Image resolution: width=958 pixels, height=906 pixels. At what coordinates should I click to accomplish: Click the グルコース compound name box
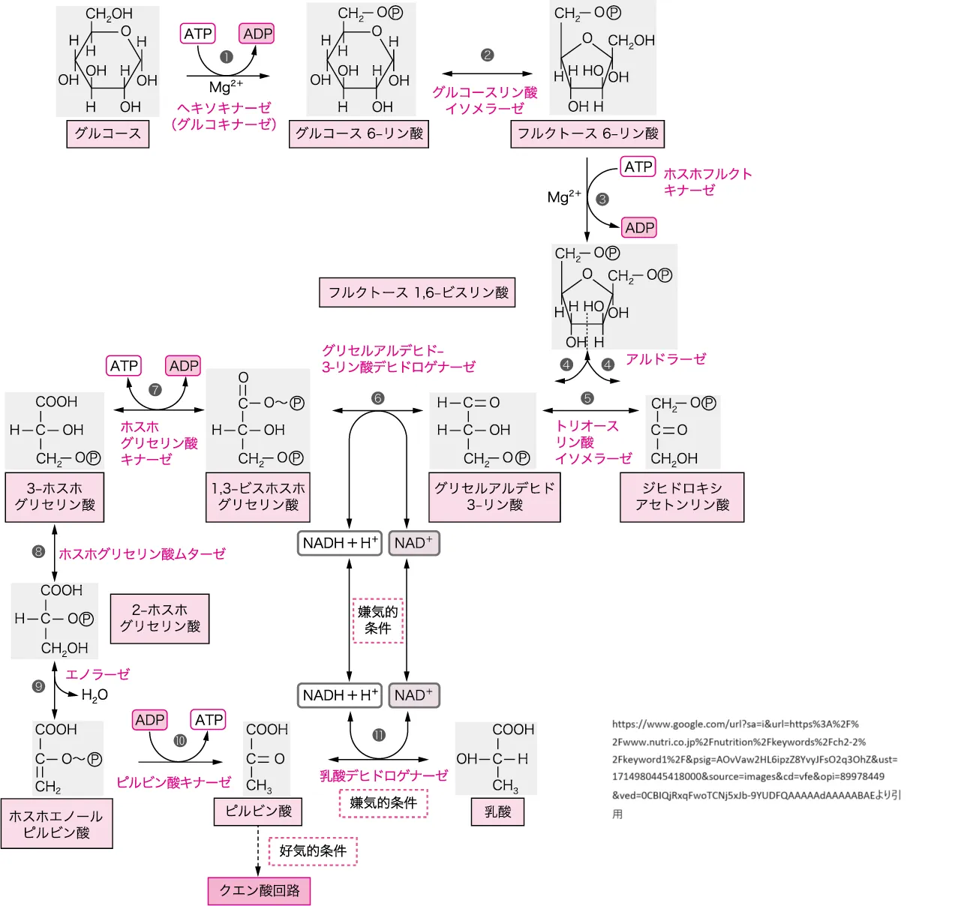pyautogui.click(x=108, y=133)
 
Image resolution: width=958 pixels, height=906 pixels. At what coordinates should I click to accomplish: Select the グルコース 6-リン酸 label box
pyautogui.click(x=359, y=133)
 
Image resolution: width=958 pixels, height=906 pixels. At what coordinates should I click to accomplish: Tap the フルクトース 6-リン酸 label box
pyautogui.click(x=587, y=133)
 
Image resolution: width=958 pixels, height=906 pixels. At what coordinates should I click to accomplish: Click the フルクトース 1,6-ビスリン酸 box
pyautogui.click(x=418, y=292)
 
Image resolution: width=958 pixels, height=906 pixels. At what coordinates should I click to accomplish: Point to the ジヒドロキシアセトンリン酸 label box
pyautogui.click(x=682, y=496)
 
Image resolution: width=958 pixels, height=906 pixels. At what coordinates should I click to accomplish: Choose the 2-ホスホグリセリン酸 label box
pyautogui.click(x=160, y=619)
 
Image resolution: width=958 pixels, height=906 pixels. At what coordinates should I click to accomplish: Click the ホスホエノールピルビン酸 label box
pyautogui.click(x=57, y=823)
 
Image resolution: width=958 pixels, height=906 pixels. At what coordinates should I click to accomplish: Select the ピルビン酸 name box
pyautogui.click(x=258, y=811)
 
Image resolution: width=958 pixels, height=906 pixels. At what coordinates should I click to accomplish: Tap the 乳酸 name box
pyautogui.click(x=497, y=811)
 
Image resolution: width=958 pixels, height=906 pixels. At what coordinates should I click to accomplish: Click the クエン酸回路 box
pyautogui.click(x=259, y=890)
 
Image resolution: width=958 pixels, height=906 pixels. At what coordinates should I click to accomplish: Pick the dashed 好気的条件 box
pyautogui.click(x=313, y=851)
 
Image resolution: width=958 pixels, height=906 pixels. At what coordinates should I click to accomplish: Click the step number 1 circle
pyautogui.click(x=227, y=57)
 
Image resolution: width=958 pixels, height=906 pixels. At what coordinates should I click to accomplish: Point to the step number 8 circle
pyautogui.click(x=38, y=552)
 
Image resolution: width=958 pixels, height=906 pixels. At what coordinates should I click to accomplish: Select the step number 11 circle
pyautogui.click(x=379, y=735)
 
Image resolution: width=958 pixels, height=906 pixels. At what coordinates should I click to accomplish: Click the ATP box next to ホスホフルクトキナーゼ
pyautogui.click(x=638, y=166)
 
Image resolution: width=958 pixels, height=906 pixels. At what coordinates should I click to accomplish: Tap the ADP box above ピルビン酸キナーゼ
pyautogui.click(x=150, y=720)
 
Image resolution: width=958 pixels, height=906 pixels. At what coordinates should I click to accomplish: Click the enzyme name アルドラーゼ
pyautogui.click(x=665, y=359)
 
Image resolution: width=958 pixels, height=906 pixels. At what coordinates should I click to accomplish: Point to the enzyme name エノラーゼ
pyautogui.click(x=98, y=674)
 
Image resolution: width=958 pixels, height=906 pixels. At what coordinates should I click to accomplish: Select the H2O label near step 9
pyautogui.click(x=95, y=695)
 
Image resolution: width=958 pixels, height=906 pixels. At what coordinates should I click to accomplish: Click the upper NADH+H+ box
pyautogui.click(x=340, y=543)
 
